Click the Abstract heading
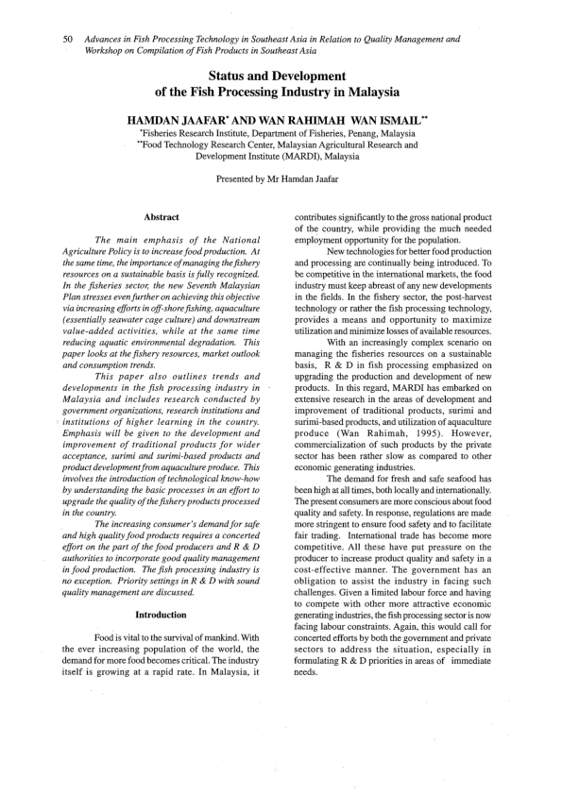pos(162,218)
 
